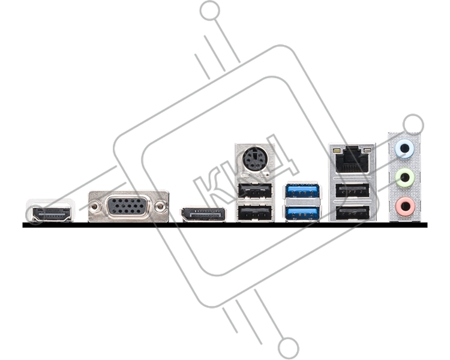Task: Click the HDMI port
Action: pos(52,214)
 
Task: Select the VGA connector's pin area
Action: pos(127,206)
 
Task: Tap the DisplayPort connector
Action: pos(203,215)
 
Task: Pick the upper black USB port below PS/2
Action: pos(254,190)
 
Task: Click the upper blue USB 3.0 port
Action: pos(302,190)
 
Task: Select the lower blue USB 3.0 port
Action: pos(302,214)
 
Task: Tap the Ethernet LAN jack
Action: pos(352,160)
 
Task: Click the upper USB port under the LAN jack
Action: pos(352,190)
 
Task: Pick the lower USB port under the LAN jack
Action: pos(352,214)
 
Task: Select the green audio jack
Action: pos(404,178)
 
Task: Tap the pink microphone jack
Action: pos(404,206)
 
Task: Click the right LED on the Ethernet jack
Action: pos(367,151)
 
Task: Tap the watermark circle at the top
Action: pos(211,11)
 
